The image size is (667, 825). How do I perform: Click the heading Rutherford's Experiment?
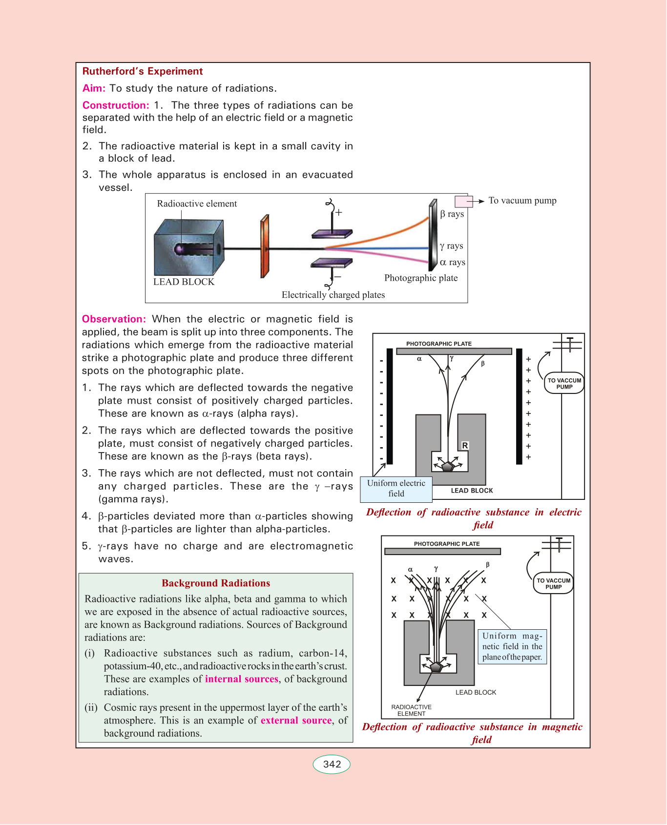pos(143,71)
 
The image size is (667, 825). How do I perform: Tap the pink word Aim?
pos(94,88)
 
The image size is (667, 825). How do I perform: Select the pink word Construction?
pos(116,105)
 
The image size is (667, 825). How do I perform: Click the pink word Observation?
pos(114,319)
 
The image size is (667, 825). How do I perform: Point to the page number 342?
pos(332,764)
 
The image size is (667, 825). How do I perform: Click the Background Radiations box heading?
pos(216,583)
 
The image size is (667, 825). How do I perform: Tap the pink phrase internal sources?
pos(242,679)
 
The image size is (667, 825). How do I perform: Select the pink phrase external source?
pos(296,721)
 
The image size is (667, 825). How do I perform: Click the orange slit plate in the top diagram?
pos(265,246)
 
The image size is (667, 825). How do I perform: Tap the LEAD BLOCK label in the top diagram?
pos(184,282)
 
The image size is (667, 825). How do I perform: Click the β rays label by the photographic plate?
pos(452,214)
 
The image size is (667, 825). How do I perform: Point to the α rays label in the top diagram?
pos(453,262)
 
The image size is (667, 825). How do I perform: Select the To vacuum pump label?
pos(522,201)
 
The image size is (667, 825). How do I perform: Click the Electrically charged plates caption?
pos(333,295)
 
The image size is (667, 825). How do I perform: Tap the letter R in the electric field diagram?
pos(465,446)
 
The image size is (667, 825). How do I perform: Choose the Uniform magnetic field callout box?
pos(512,646)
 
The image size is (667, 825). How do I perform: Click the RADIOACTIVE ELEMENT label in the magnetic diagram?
pos(412,710)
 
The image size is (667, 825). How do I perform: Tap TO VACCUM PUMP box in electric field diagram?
pos(564,384)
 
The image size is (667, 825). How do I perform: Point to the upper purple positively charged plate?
pos(332,234)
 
